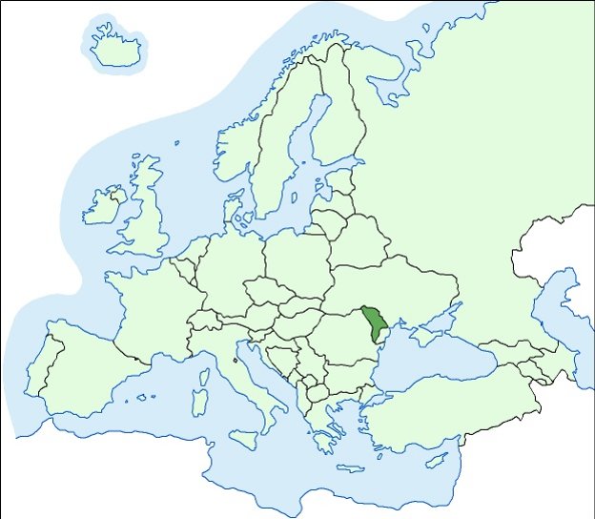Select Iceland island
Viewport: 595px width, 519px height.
tap(116, 47)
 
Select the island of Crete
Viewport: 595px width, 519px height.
tap(350, 469)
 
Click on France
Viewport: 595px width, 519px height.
tap(153, 305)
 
